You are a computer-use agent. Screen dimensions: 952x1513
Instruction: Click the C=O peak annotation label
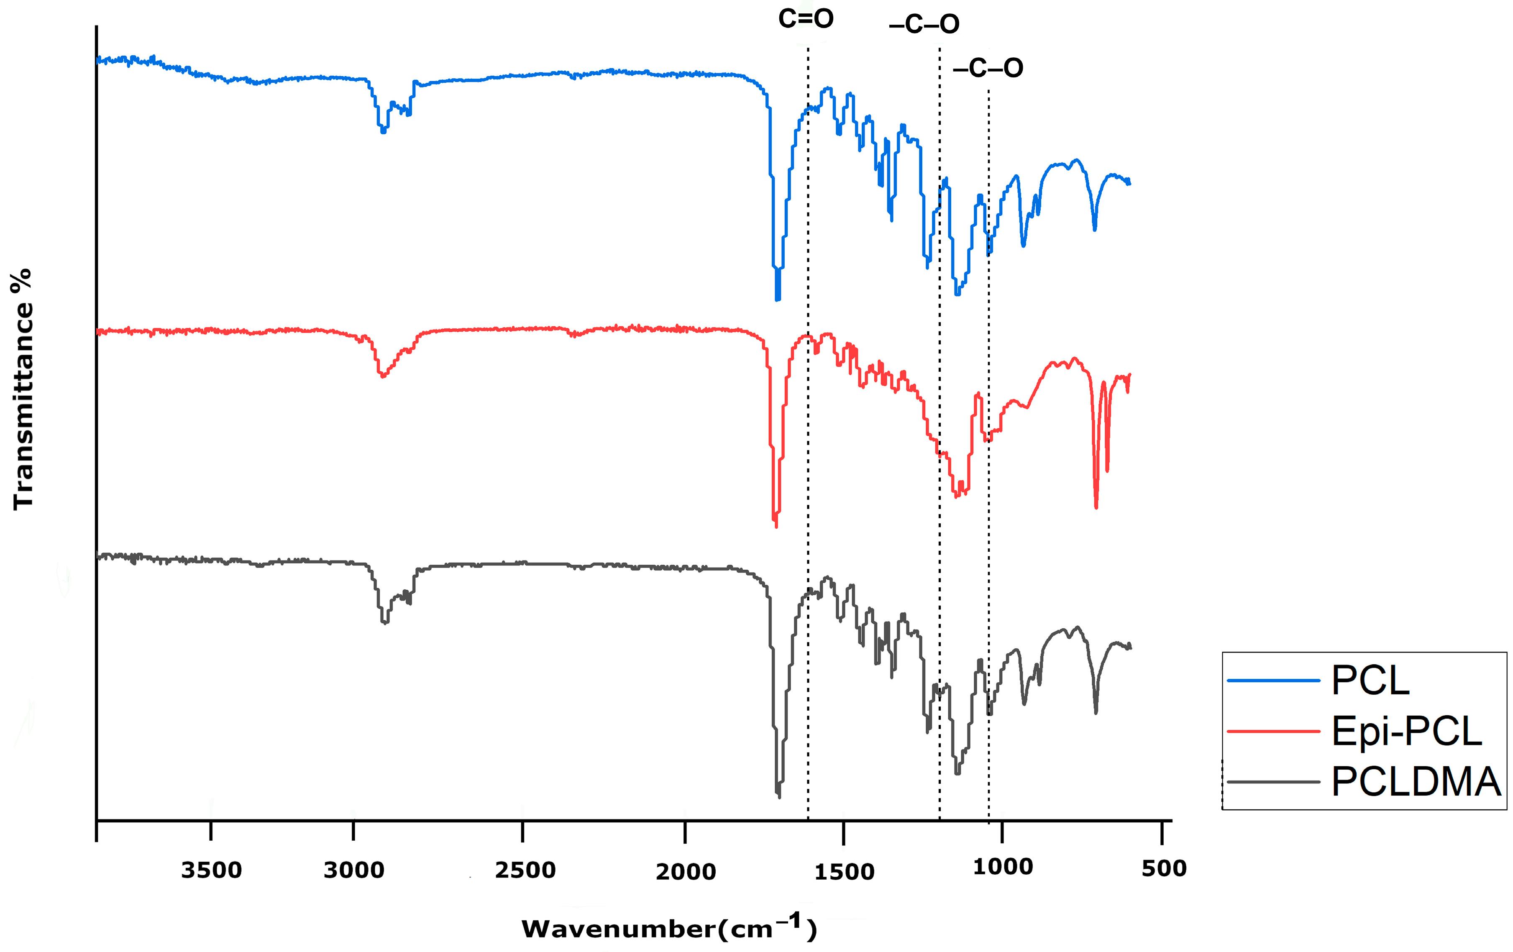(x=806, y=19)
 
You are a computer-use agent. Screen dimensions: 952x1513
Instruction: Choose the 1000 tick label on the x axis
(x=1003, y=867)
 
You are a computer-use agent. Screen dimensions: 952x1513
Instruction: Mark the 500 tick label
(x=1164, y=868)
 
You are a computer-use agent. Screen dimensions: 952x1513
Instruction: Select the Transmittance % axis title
(x=23, y=388)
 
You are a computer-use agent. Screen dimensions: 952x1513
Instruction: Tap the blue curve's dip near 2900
(x=383, y=131)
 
